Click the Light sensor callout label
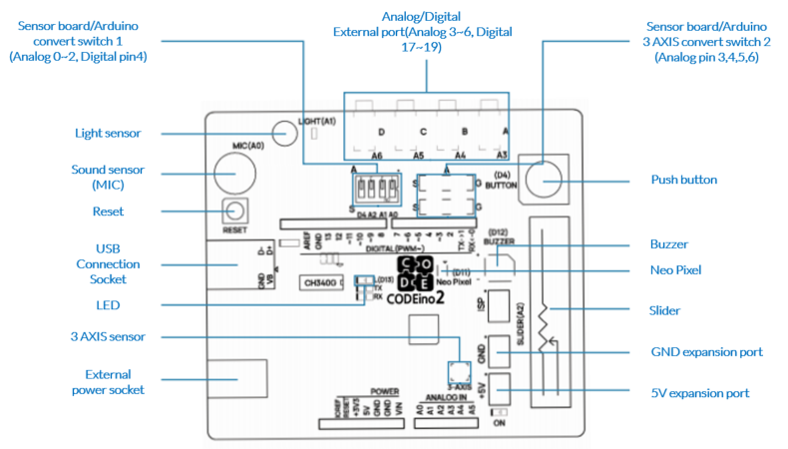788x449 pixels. point(108,133)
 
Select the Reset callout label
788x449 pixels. point(108,212)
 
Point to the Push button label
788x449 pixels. point(683,180)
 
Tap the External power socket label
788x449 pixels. point(108,380)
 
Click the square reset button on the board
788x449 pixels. point(234,211)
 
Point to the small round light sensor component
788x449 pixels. point(283,132)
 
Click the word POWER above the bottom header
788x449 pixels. point(384,392)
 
